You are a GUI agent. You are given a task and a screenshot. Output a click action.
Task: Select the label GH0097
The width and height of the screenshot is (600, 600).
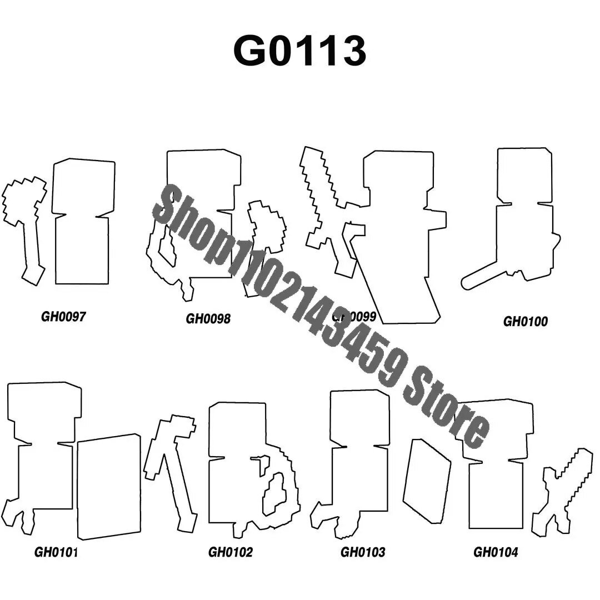pyautogui.click(x=63, y=317)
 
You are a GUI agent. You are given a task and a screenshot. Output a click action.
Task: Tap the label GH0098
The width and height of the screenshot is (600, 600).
pyautogui.click(x=208, y=318)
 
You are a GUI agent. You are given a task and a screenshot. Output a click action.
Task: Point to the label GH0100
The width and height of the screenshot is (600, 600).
pyautogui.click(x=525, y=321)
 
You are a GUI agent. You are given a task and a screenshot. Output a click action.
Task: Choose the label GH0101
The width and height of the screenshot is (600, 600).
pyautogui.click(x=56, y=552)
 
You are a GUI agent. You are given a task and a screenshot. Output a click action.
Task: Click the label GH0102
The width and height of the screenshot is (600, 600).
pyautogui.click(x=230, y=552)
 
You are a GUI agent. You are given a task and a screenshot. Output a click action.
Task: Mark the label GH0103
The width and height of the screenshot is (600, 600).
pyautogui.click(x=362, y=552)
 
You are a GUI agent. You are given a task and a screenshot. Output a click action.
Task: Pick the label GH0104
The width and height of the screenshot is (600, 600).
pyautogui.click(x=496, y=552)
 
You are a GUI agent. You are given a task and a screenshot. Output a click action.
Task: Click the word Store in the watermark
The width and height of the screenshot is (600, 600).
pyautogui.click(x=444, y=411)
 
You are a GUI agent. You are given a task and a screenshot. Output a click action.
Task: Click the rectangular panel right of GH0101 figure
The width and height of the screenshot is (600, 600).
pyautogui.click(x=109, y=487)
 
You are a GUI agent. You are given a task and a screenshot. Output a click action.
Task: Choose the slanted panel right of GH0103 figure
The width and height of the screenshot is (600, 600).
pyautogui.click(x=427, y=481)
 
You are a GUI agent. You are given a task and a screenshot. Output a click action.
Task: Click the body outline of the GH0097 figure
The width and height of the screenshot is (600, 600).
pyautogui.click(x=82, y=250)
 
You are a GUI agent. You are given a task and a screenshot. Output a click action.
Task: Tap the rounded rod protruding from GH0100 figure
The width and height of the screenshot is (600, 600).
pyautogui.click(x=483, y=275)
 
